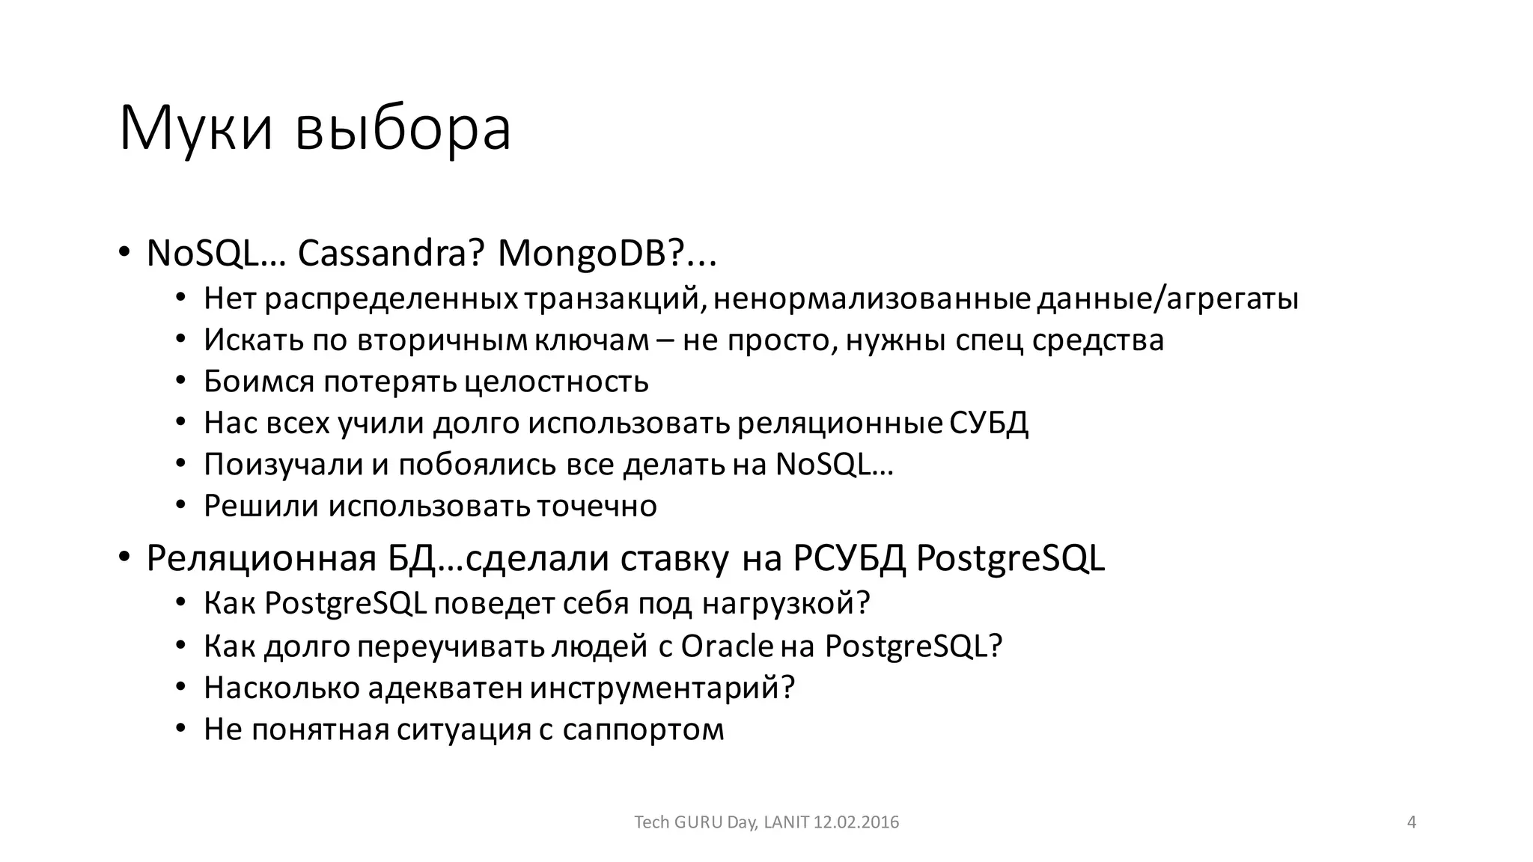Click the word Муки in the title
[195, 129]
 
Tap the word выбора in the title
[403, 129]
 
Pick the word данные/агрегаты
[1168, 299]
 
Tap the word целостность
[556, 382]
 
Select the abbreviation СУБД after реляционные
[989, 424]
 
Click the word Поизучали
[283, 465]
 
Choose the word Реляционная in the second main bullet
[261, 558]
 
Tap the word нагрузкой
[786, 603]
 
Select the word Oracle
[727, 646]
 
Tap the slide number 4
[1412, 822]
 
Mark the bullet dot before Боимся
[180, 382]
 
